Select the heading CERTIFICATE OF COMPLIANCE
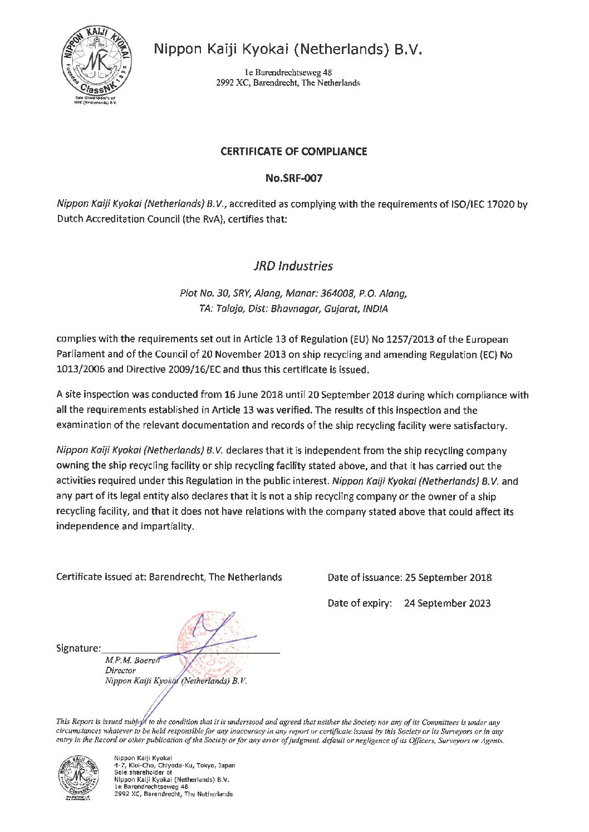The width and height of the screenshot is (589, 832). tap(294, 151)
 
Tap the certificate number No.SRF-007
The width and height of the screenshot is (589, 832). tap(294, 179)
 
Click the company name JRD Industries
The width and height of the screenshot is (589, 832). tap(293, 266)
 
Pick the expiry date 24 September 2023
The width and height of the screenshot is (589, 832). tap(447, 603)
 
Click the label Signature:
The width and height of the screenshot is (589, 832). tap(78, 648)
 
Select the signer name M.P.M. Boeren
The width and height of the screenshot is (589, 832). tap(132, 661)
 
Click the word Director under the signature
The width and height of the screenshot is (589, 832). tap(120, 671)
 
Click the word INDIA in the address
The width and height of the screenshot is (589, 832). tap(375, 309)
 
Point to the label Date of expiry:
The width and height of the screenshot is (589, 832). tap(360, 603)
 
